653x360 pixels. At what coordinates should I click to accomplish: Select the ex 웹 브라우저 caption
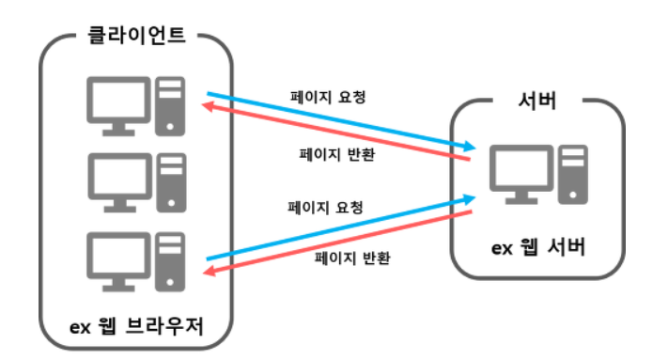click(137, 325)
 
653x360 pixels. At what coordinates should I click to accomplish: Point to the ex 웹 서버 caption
click(538, 247)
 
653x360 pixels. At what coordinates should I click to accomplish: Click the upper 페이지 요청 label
click(325, 97)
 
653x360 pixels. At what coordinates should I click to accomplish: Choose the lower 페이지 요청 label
click(325, 206)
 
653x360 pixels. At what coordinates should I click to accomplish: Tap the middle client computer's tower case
click(170, 180)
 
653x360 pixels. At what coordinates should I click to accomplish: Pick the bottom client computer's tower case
click(170, 257)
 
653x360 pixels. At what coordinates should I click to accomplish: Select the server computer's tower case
click(571, 174)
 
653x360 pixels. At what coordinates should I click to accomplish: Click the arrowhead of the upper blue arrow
click(469, 147)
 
